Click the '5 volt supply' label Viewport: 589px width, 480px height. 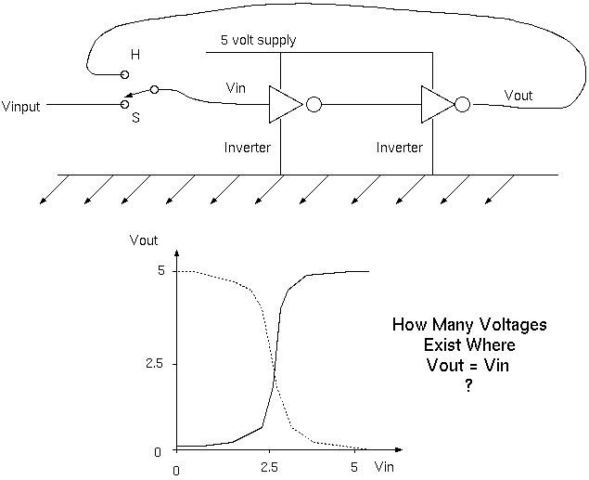(258, 42)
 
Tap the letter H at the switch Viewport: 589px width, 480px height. (135, 56)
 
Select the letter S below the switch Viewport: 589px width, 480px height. (135, 119)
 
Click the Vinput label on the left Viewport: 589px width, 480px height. (23, 106)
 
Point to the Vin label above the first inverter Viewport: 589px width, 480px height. (237, 86)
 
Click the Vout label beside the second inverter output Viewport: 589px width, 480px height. (519, 95)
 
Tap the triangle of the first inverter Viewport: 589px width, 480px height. (282, 105)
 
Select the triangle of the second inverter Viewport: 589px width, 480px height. (434, 105)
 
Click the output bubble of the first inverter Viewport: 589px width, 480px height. (314, 105)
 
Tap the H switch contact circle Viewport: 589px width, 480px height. (125, 73)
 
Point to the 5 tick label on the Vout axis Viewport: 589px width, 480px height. (160, 271)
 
